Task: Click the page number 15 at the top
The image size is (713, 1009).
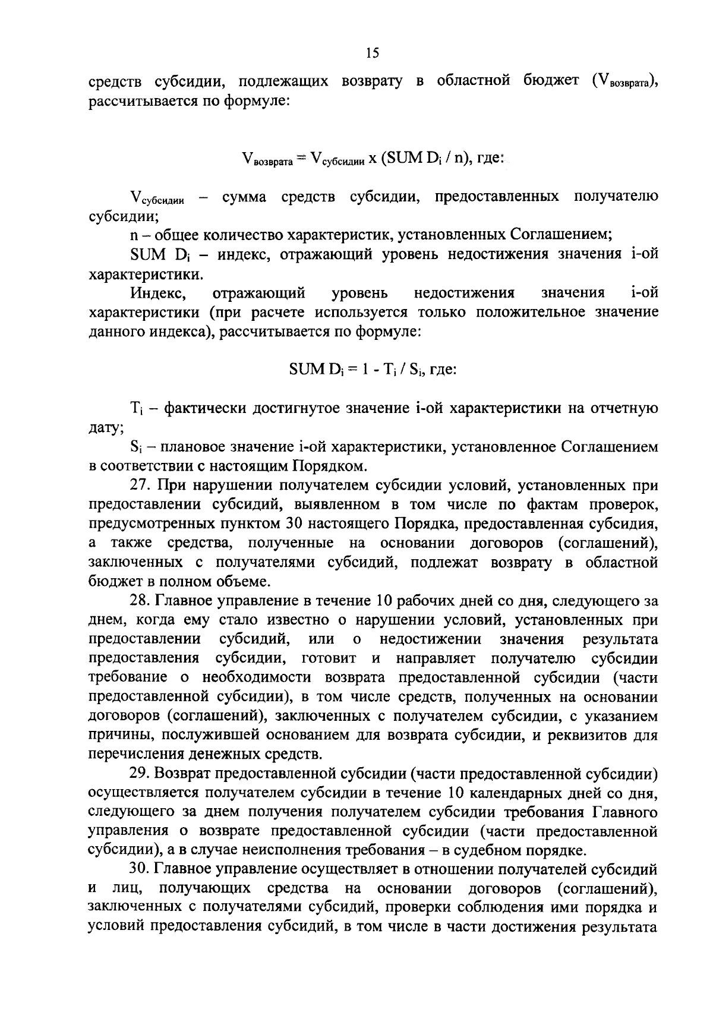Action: (x=372, y=53)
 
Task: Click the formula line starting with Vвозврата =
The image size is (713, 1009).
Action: (x=373, y=159)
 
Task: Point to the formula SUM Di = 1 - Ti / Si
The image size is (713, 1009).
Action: (x=373, y=369)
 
